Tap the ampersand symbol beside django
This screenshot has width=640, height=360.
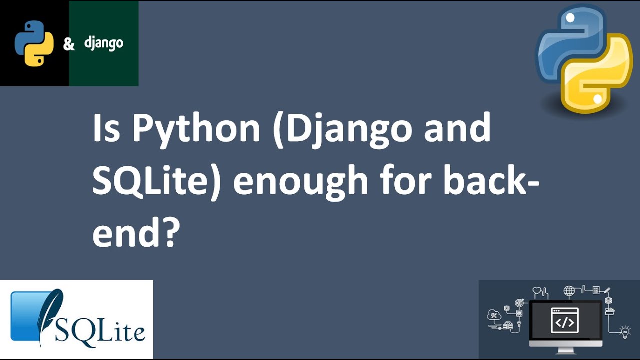69,44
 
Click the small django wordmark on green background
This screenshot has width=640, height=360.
103,43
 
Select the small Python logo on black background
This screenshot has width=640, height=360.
34,43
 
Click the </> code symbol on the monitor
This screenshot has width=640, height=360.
565,322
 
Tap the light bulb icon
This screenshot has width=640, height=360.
625,332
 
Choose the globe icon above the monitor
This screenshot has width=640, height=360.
569,291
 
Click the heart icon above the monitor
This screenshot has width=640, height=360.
537,290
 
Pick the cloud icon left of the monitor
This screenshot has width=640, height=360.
494,315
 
